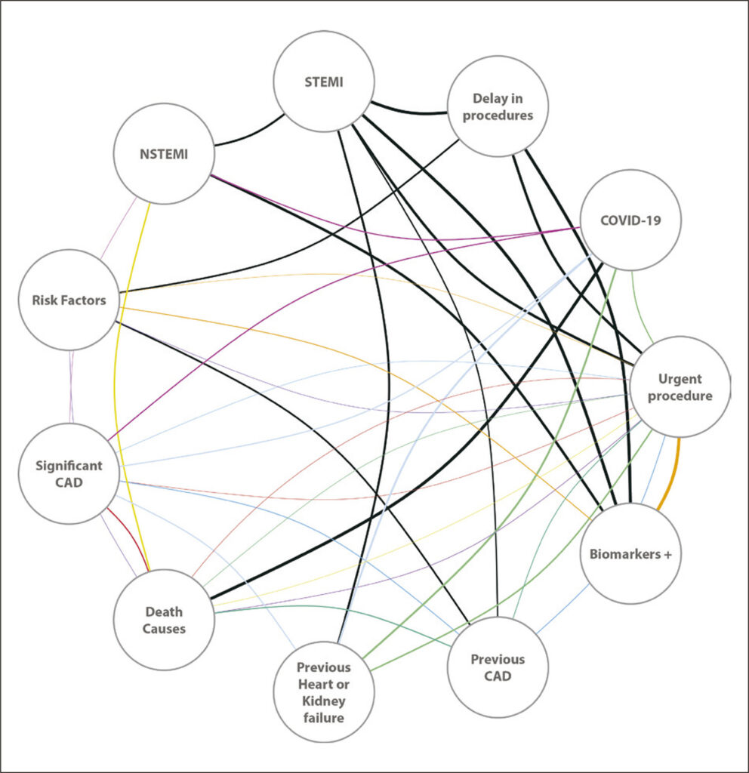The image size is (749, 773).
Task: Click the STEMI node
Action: [324, 82]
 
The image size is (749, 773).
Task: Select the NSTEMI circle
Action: [164, 154]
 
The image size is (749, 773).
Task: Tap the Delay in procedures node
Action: [498, 106]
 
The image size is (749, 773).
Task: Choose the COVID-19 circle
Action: [630, 220]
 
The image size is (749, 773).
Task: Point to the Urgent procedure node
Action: [680, 387]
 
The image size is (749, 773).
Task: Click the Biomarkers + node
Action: [630, 553]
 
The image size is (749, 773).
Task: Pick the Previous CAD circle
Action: [498, 667]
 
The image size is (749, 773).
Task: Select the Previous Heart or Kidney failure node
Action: [324, 691]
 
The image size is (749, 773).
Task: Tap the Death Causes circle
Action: [164, 620]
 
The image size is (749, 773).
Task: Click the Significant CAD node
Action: [69, 474]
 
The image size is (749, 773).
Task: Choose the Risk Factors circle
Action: [69, 300]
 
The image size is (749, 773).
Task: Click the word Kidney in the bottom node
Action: [323, 701]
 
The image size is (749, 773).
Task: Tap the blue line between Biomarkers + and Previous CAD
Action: [563, 609]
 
